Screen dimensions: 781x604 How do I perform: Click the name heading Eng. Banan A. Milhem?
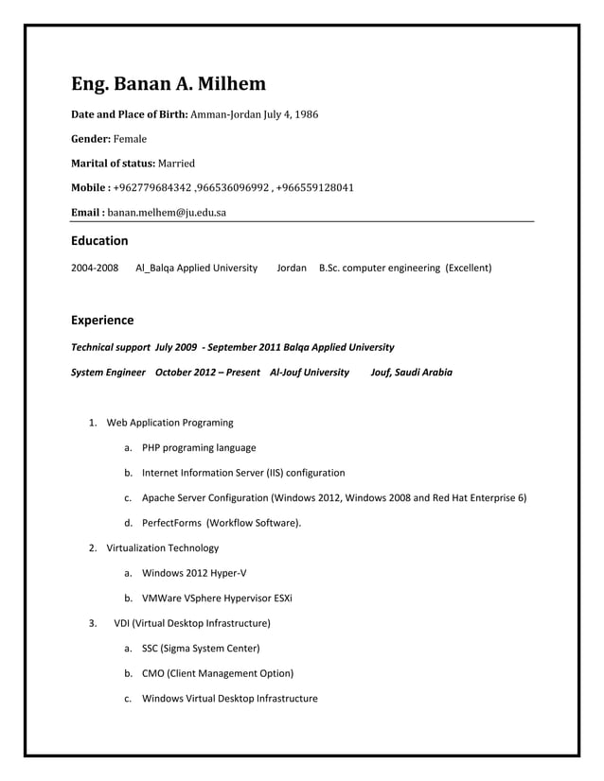(169, 85)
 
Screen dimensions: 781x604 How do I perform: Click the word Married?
(176, 164)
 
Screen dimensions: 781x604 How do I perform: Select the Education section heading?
(99, 241)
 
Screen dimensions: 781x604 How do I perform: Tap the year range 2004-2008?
(95, 269)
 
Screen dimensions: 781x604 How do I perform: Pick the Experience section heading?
(102, 321)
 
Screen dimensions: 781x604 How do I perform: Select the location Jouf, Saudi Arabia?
(411, 373)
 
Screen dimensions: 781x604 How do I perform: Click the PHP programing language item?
(199, 448)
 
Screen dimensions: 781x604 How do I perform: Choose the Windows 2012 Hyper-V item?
(196, 573)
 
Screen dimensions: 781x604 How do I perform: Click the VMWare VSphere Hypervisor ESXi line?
(217, 599)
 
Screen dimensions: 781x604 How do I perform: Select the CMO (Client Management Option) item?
(217, 673)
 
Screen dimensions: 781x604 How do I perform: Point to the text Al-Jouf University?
(310, 373)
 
